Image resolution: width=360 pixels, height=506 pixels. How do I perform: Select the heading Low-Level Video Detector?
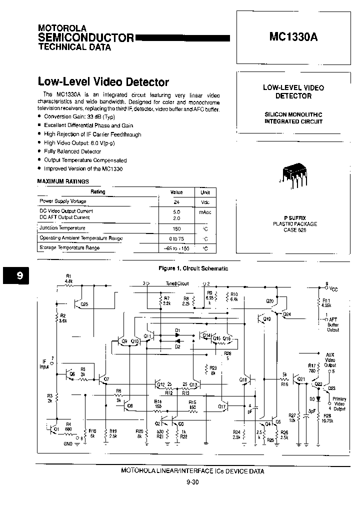(x=103, y=82)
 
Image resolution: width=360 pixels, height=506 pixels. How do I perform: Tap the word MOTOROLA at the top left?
(x=62, y=28)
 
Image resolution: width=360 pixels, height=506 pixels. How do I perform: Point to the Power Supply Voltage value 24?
(x=176, y=202)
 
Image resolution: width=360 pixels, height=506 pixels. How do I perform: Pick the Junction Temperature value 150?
(x=176, y=228)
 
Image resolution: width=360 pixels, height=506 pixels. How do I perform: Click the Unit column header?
(x=205, y=192)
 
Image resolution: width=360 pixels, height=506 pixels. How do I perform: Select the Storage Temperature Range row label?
(x=69, y=248)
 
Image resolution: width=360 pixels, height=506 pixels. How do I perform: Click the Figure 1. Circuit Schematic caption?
(x=193, y=268)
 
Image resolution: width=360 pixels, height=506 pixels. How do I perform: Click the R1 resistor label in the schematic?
(x=68, y=276)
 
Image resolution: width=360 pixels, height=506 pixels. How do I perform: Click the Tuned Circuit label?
(x=177, y=283)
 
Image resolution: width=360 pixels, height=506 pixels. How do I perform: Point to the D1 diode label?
(x=177, y=330)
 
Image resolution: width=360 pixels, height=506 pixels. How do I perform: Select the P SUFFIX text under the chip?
(x=293, y=218)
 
